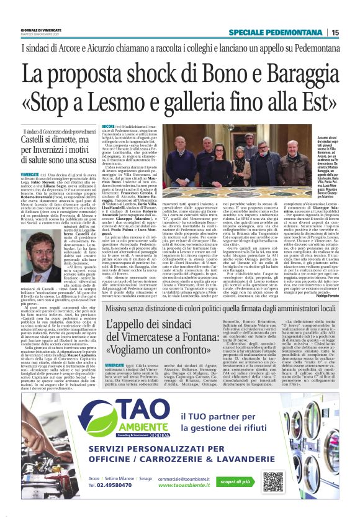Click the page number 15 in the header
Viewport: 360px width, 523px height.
pos(335,32)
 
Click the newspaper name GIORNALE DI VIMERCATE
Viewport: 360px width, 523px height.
pos(43,29)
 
